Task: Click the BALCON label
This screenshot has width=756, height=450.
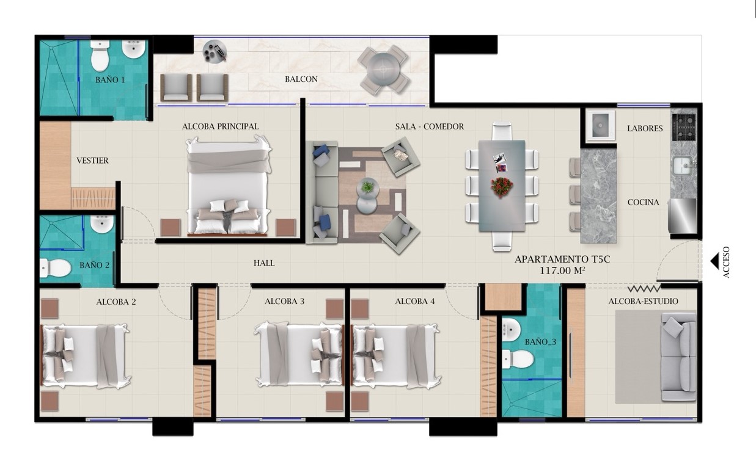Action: click(x=301, y=79)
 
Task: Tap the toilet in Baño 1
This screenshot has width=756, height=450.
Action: click(x=100, y=56)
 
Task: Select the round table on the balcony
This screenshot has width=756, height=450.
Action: click(x=383, y=69)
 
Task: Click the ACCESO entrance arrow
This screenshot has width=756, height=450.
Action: click(x=715, y=262)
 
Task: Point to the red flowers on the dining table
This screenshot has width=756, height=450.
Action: click(x=502, y=187)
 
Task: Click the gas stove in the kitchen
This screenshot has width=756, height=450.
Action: click(x=684, y=127)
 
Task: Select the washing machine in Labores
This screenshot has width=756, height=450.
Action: click(x=600, y=125)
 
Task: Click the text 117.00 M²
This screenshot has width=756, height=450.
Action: click(x=562, y=270)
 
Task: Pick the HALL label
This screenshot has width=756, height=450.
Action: click(x=264, y=263)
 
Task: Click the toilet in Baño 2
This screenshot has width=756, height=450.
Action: click(x=56, y=268)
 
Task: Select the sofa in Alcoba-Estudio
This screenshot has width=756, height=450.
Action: click(x=679, y=357)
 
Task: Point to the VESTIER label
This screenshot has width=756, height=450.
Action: click(x=92, y=161)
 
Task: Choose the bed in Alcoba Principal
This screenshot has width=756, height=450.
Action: click(x=229, y=185)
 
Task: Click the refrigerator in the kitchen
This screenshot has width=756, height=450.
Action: click(x=683, y=216)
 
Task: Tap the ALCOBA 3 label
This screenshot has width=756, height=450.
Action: click(x=285, y=302)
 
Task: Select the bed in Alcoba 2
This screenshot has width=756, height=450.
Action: click(x=85, y=356)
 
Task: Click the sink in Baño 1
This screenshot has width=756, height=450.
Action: click(x=134, y=49)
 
